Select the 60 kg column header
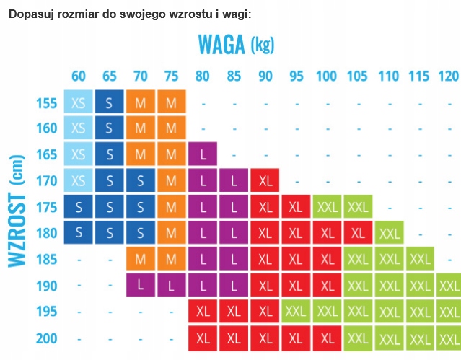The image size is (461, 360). (79, 76)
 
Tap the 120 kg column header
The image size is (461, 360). (448, 76)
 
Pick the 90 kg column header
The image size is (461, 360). (265, 76)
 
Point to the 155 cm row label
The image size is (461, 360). (45, 103)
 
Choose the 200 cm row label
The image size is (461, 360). (45, 338)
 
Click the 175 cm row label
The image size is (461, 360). (45, 207)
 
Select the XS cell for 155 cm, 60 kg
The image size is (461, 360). (79, 103)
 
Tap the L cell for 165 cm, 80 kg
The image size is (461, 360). (203, 155)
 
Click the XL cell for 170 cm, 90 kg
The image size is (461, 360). (265, 181)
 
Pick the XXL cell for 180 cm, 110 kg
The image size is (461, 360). (389, 233)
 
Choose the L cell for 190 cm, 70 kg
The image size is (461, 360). (141, 285)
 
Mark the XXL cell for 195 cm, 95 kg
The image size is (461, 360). (296, 311)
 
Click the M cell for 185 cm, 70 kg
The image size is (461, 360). (141, 259)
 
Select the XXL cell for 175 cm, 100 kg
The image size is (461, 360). (327, 207)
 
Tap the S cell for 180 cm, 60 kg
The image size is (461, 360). (79, 233)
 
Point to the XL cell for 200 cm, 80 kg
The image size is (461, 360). (203, 338)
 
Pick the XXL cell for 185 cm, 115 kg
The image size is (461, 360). (420, 259)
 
